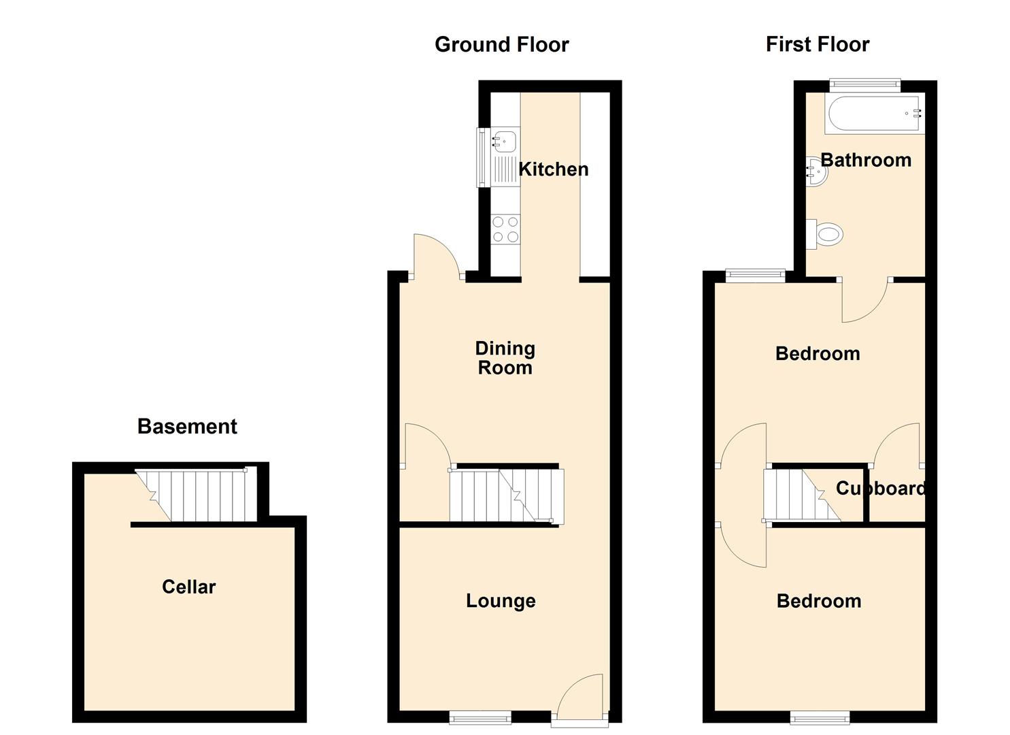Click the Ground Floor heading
tap(501, 45)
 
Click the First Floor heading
tap(818, 44)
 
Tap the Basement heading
tap(187, 427)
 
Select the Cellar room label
tap(189, 587)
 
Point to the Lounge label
tap(501, 601)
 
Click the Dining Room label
tap(505, 358)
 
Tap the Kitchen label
tap(554, 169)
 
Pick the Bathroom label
tap(866, 160)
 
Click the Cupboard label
tap(881, 488)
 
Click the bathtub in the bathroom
tap(875, 113)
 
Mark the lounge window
tap(479, 717)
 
